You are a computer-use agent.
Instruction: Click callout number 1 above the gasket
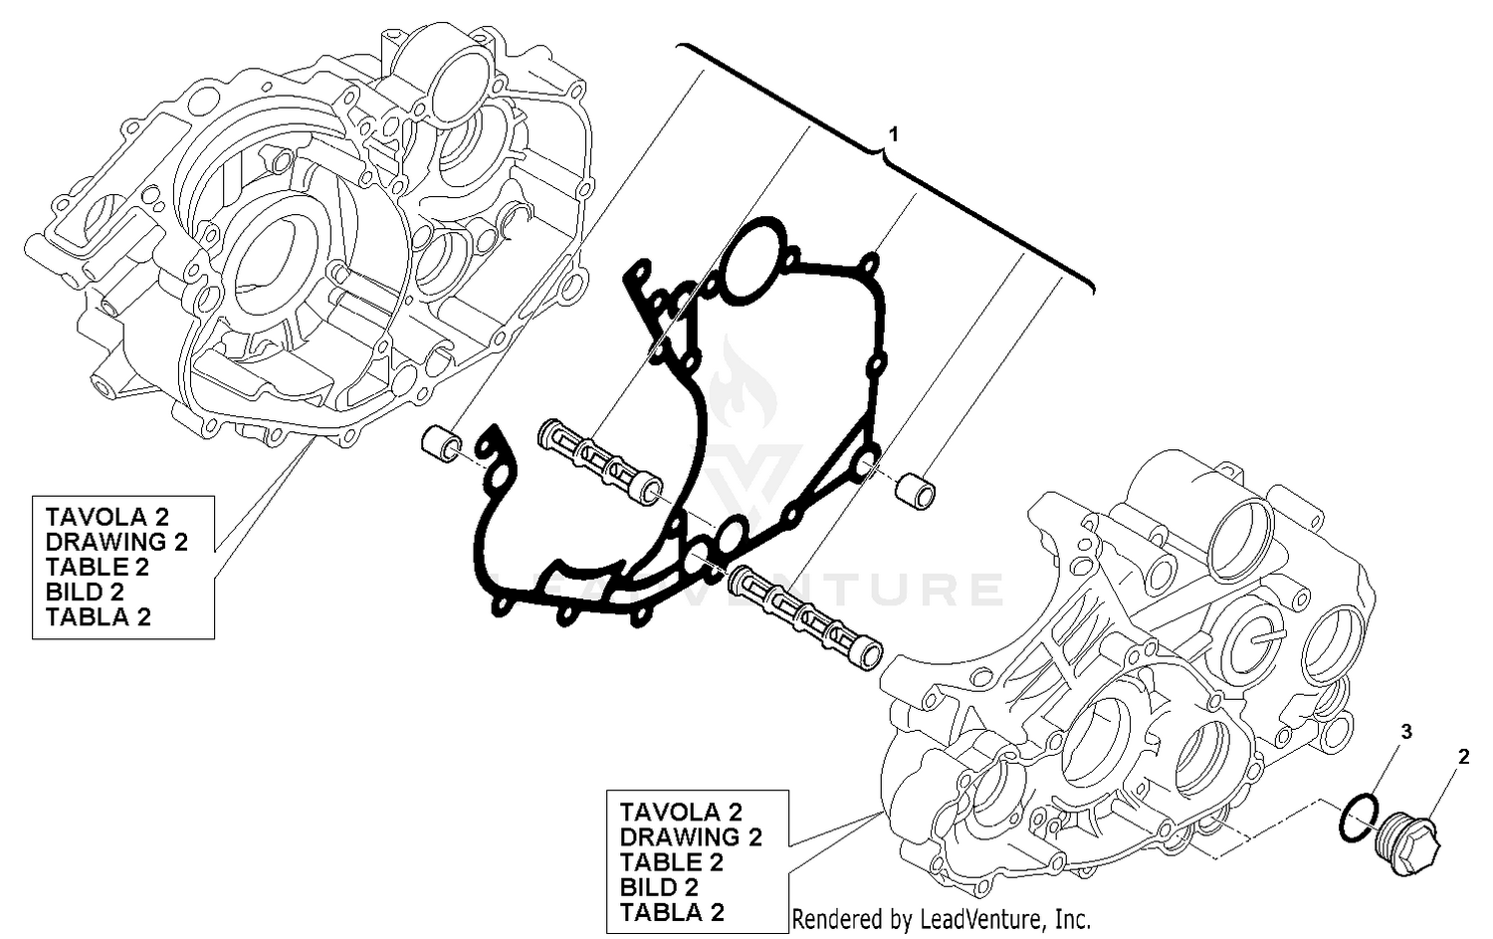894,132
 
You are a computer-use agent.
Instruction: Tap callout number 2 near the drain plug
1463,757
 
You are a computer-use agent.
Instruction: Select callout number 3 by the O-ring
1406,732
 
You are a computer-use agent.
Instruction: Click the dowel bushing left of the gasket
441,443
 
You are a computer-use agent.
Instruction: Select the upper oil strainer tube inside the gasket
601,460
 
